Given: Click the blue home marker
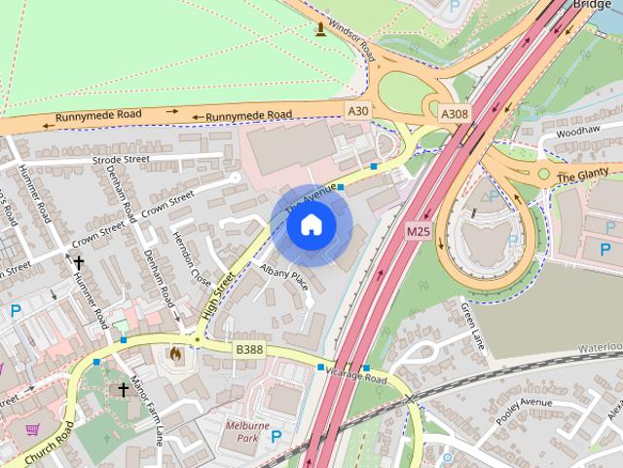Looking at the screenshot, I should pyautogui.click(x=311, y=225).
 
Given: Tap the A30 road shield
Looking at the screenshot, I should pyautogui.click(x=358, y=112).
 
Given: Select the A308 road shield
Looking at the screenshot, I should pyautogui.click(x=455, y=114).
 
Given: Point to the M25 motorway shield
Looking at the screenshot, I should pyautogui.click(x=419, y=231).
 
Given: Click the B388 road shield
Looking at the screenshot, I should pyautogui.click(x=249, y=349).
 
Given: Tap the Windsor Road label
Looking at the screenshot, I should pyautogui.click(x=351, y=38).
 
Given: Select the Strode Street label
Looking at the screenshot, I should pyautogui.click(x=121, y=158).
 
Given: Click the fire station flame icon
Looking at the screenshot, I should pyautogui.click(x=175, y=355).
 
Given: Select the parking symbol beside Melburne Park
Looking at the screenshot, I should pyautogui.click(x=276, y=437).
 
